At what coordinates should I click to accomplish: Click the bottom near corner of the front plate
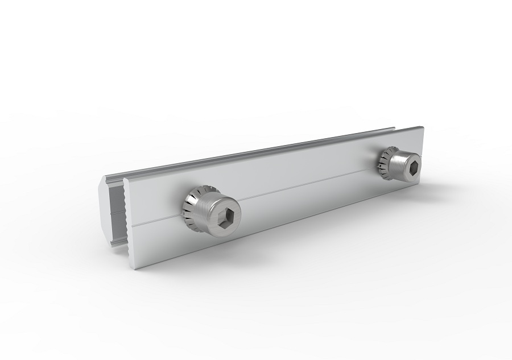pyautogui.click(x=135, y=268)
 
